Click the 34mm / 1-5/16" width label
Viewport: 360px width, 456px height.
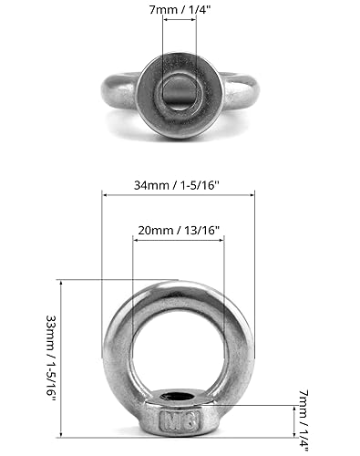[x=177, y=185]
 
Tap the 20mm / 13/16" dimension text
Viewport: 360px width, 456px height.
[x=179, y=230]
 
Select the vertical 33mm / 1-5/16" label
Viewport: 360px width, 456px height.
[x=51, y=359]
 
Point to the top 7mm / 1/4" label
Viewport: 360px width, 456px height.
[x=180, y=10]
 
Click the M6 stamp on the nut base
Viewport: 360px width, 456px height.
[x=180, y=420]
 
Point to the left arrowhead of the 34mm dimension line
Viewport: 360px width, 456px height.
[x=105, y=195]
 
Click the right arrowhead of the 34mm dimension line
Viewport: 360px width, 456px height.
[x=252, y=195]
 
